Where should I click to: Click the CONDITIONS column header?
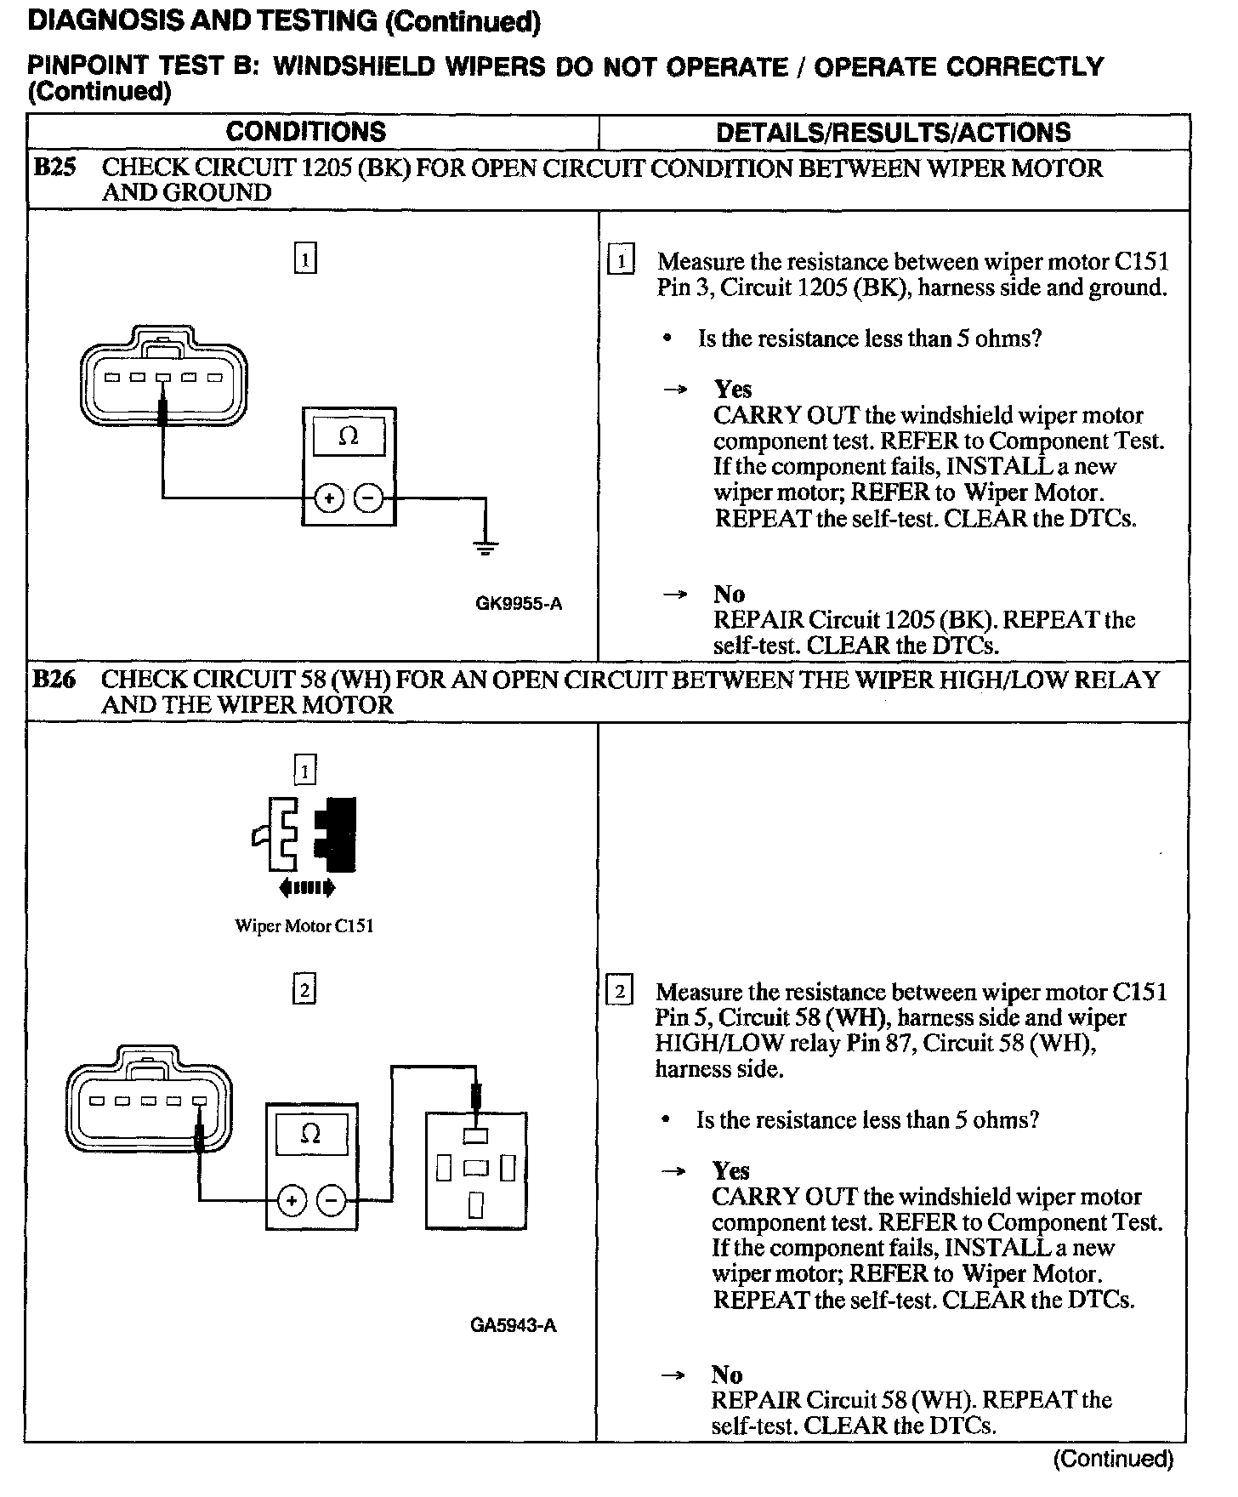click(305, 132)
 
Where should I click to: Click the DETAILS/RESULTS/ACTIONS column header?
click(893, 133)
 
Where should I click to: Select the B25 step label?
click(54, 168)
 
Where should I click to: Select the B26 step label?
click(54, 680)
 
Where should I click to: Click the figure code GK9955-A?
click(519, 604)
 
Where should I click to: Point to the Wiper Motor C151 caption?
click(304, 926)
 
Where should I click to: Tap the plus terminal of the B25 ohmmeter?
click(329, 498)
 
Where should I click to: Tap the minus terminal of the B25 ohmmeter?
click(368, 498)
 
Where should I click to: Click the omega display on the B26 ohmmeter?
click(311, 1135)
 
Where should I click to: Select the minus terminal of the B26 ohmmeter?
click(332, 1201)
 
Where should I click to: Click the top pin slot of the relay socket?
click(475, 1135)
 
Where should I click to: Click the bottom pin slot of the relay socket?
click(475, 1204)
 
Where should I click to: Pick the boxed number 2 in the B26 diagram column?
click(304, 990)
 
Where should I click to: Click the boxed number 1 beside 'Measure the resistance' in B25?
click(622, 260)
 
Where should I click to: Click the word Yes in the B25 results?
click(733, 390)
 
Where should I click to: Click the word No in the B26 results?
click(727, 1375)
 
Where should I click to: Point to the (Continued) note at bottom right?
click(1113, 1460)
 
